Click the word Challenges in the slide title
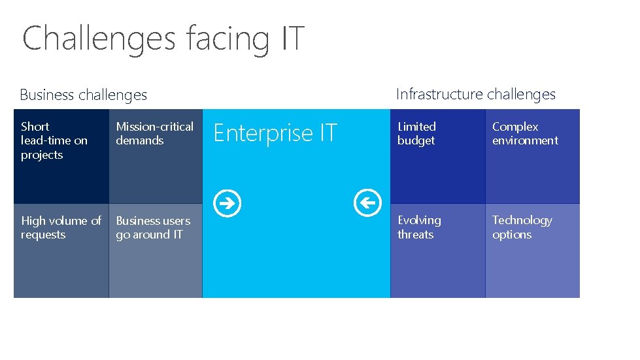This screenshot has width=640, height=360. tap(99, 38)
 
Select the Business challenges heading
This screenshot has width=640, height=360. tap(84, 95)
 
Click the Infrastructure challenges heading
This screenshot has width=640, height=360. tap(476, 94)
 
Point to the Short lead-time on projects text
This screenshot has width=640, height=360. tap(54, 140)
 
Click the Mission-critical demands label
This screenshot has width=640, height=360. tap(155, 133)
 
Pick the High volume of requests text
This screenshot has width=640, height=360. tap(61, 227)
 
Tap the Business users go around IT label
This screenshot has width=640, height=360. tap(153, 227)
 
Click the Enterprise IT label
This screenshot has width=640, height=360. tap(275, 133)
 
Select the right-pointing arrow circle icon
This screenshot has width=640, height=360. tap(229, 203)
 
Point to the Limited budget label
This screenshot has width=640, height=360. tap(416, 133)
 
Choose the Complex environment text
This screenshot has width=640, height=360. tap(525, 133)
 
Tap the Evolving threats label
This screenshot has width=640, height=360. tap(419, 227)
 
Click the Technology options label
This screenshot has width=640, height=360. tap(522, 227)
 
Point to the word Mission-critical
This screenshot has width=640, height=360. tap(155, 127)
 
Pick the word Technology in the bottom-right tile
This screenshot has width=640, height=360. tap(522, 220)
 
